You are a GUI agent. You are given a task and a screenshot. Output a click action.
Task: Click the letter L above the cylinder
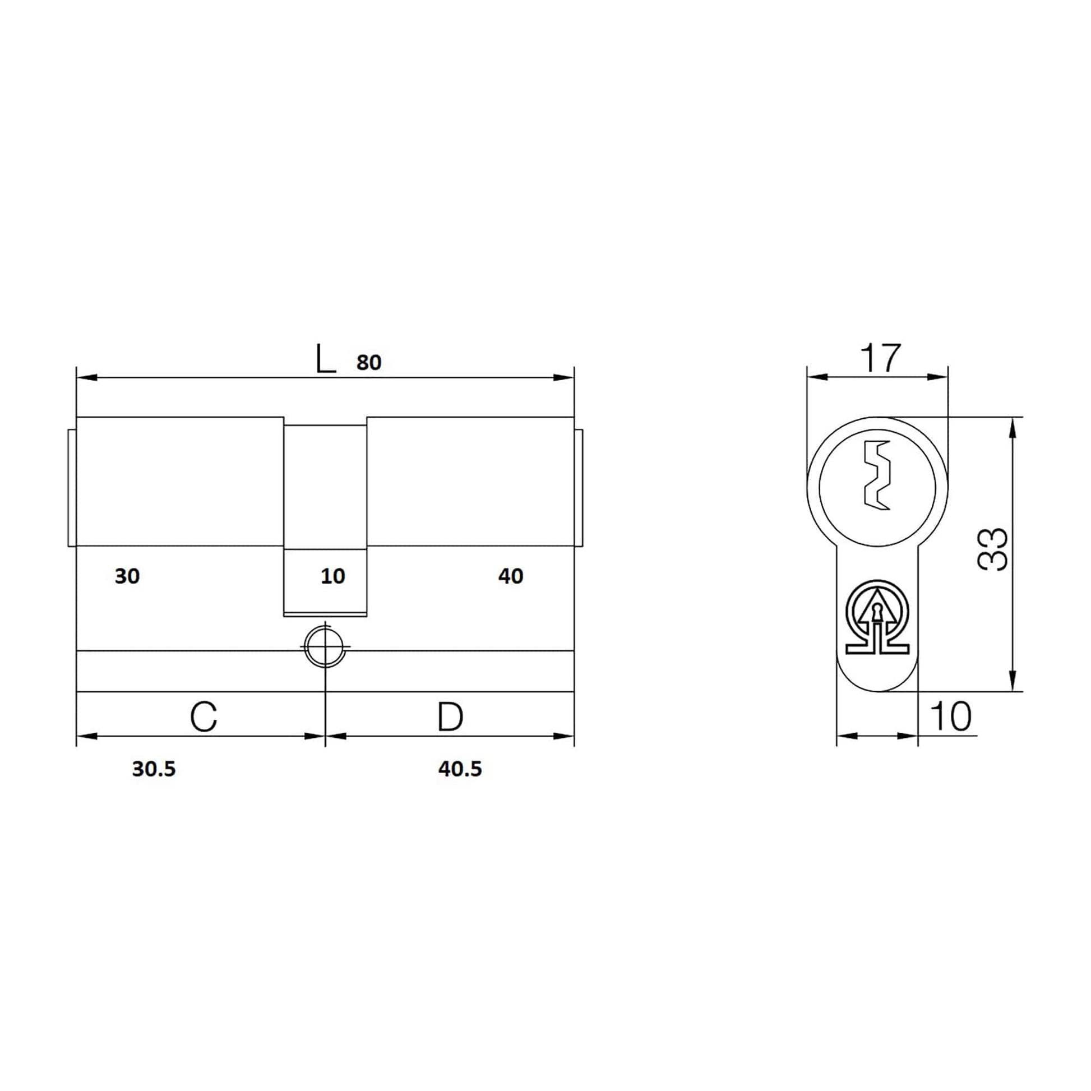tap(326, 359)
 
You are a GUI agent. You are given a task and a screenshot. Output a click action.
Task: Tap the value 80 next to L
tap(369, 363)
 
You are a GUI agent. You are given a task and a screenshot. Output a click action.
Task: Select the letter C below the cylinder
tap(204, 716)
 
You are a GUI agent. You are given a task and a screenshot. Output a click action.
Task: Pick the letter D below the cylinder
tap(450, 716)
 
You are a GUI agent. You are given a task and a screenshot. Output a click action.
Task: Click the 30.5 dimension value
tap(154, 769)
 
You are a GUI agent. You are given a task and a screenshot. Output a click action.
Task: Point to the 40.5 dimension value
tap(460, 769)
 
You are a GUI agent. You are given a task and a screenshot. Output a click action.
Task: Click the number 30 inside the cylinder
tap(127, 576)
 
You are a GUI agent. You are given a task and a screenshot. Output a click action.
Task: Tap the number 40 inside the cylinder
tap(511, 576)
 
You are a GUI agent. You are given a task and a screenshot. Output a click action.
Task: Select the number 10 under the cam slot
tap(332, 576)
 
